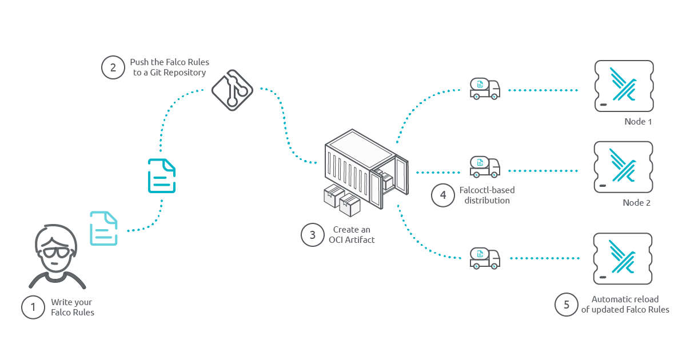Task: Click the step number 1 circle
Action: click(33, 307)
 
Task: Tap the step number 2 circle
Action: click(113, 67)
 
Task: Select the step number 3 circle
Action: click(312, 235)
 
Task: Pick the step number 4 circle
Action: click(442, 195)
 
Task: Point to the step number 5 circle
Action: click(566, 305)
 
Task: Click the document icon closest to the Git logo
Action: click(162, 175)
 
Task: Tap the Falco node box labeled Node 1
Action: click(623, 86)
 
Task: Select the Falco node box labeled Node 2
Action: click(623, 167)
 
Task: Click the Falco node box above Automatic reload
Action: click(623, 258)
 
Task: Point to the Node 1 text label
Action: click(638, 122)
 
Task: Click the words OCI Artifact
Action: click(352, 239)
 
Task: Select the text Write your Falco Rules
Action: click(72, 307)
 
